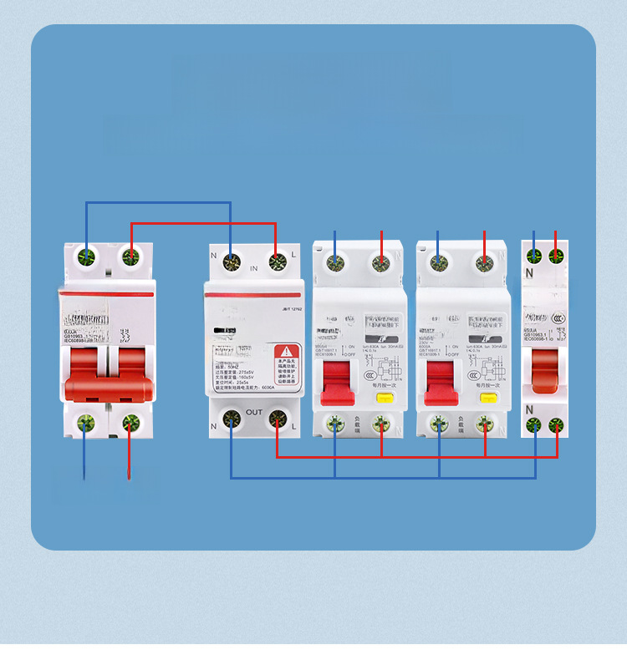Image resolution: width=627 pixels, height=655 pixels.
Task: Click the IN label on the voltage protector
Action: coord(252,269)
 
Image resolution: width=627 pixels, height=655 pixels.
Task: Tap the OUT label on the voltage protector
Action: coord(254,412)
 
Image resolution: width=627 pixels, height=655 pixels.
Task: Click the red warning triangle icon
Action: coord(287,351)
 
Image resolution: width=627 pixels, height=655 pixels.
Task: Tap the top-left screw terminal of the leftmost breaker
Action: coord(85,256)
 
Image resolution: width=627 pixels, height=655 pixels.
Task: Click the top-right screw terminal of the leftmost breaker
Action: coord(130,256)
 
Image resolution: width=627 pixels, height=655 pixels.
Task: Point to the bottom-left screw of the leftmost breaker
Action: coord(84,422)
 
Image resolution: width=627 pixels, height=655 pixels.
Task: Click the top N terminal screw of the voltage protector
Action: coord(230,264)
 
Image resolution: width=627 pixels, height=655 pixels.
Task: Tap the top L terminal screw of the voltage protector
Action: coord(276,264)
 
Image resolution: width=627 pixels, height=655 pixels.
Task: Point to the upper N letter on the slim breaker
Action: coord(528,272)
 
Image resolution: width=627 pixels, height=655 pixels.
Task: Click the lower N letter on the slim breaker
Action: coord(528,409)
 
